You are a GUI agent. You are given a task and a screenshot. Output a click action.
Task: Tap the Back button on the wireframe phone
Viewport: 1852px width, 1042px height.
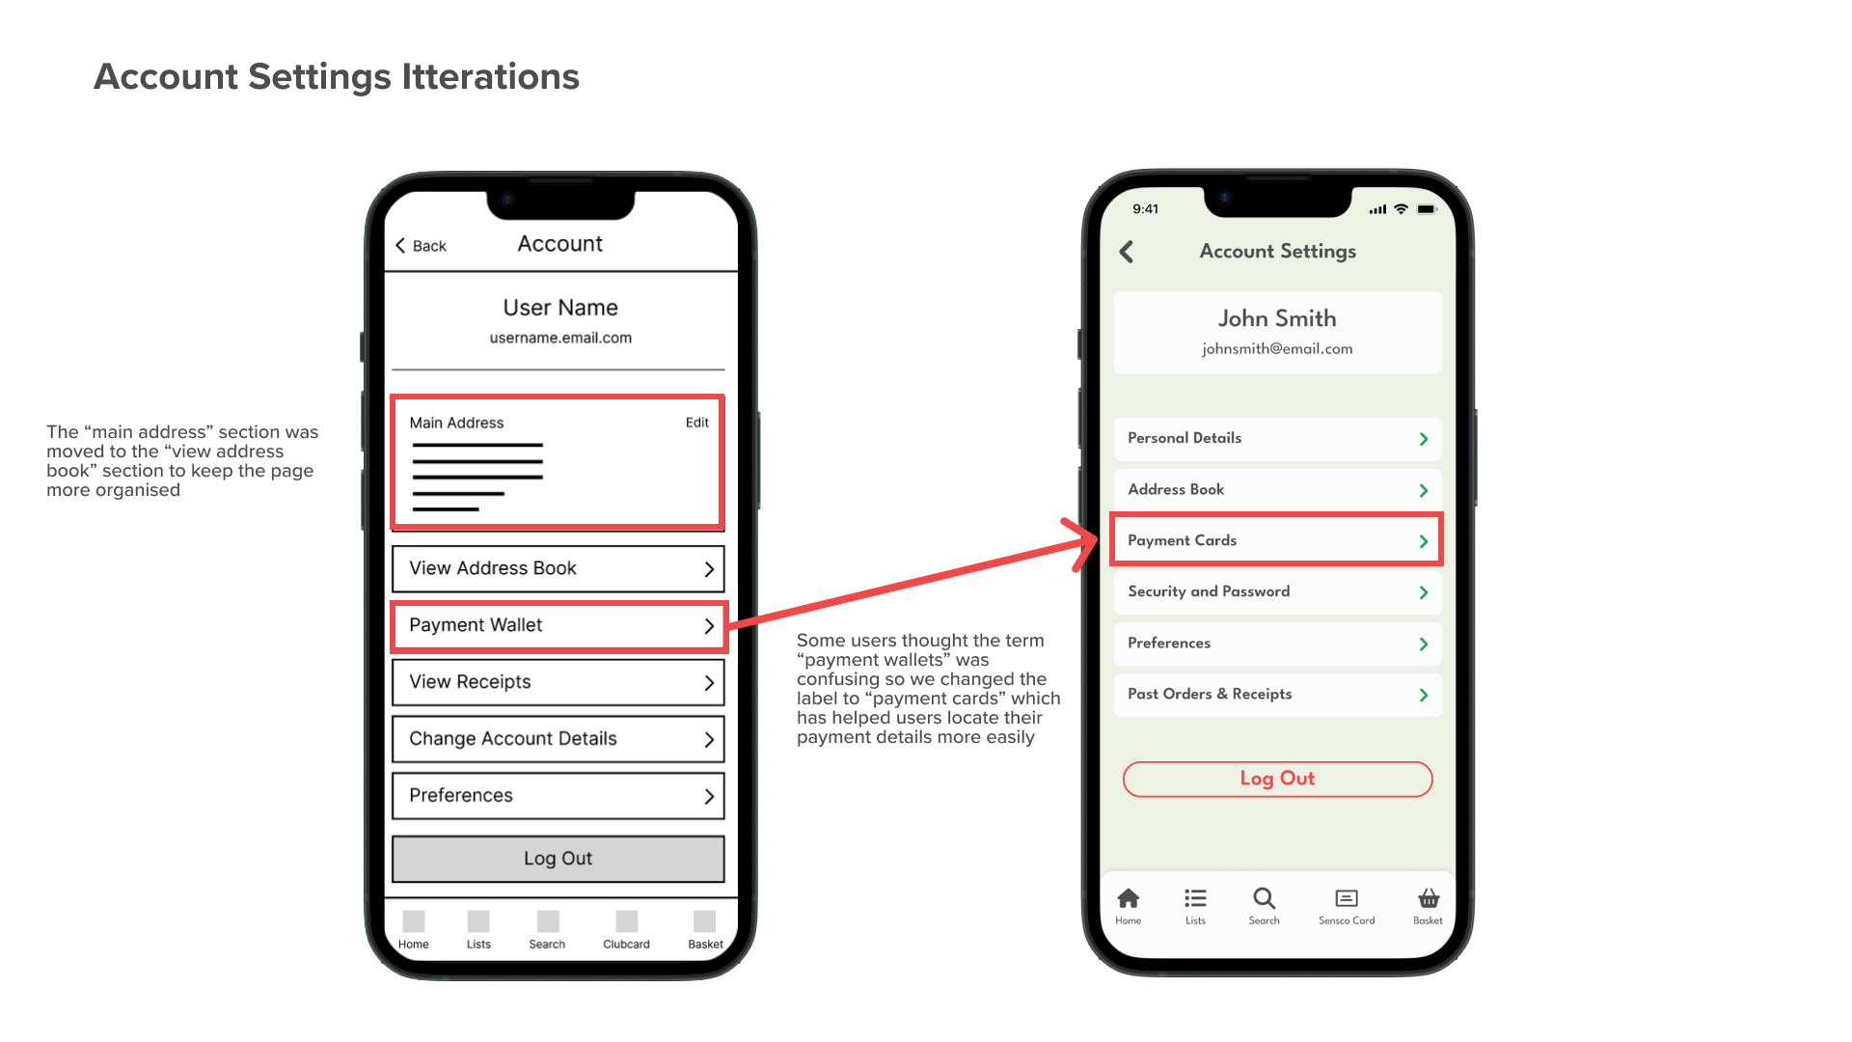[x=421, y=246]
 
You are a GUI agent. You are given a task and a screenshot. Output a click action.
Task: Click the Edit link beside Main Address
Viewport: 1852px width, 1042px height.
[x=696, y=423]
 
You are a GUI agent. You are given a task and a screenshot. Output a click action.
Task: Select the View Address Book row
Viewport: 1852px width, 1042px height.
[x=558, y=568]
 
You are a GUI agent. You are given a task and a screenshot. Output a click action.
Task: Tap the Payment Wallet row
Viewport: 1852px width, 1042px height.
[x=558, y=625]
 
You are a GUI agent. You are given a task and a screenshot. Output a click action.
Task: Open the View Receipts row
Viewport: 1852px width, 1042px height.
[x=558, y=682]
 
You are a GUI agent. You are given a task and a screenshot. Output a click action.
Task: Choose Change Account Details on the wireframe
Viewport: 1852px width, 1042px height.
[x=558, y=739]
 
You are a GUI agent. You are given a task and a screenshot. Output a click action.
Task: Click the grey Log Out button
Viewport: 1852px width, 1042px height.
[x=558, y=859]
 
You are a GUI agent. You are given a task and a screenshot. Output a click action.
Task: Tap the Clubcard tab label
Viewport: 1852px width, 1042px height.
[x=626, y=945]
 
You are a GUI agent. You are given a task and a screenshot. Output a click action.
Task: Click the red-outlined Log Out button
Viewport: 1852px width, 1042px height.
[x=1277, y=779]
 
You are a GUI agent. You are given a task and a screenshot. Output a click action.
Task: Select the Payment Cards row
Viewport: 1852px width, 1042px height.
[x=1277, y=540]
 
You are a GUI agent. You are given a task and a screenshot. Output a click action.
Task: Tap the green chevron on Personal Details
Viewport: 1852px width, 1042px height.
[x=1424, y=439]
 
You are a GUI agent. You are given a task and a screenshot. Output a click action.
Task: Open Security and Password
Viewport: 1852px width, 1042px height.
[x=1277, y=591]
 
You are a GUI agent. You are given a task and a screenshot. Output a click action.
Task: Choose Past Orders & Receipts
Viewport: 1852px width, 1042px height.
[x=1277, y=694]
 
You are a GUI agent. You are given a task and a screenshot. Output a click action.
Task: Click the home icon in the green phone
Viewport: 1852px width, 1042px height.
[x=1128, y=898]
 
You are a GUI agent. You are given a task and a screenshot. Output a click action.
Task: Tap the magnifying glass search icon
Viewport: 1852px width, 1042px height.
[x=1264, y=898]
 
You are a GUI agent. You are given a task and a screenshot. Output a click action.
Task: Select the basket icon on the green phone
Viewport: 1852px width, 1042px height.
[x=1429, y=898]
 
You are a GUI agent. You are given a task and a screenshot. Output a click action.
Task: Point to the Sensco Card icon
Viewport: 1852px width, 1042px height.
[x=1347, y=898]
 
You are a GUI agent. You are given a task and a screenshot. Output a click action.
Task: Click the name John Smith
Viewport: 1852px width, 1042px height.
[x=1277, y=318]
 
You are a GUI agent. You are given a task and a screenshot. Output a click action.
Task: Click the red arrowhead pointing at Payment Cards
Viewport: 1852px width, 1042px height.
[x=1084, y=543]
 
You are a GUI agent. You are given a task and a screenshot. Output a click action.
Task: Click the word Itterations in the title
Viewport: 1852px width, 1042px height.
[x=490, y=77]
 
